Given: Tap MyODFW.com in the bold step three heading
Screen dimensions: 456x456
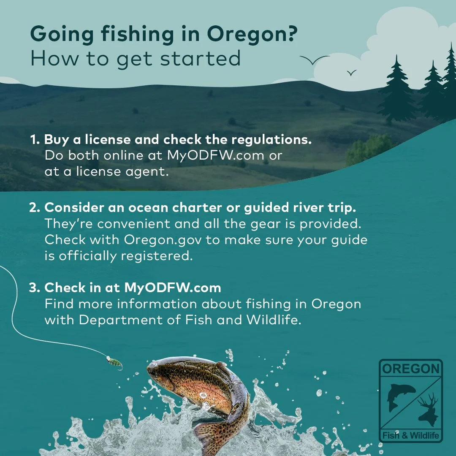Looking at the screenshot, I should click(173, 288).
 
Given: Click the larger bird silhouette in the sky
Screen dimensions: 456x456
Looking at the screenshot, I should click(314, 60).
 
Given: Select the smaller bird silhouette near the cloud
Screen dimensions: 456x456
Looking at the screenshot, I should click(351, 73).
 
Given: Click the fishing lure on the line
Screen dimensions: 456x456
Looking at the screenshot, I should click(114, 362).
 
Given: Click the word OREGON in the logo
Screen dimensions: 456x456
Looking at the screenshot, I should click(410, 369).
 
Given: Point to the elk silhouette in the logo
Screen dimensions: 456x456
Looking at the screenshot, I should click(429, 407).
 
